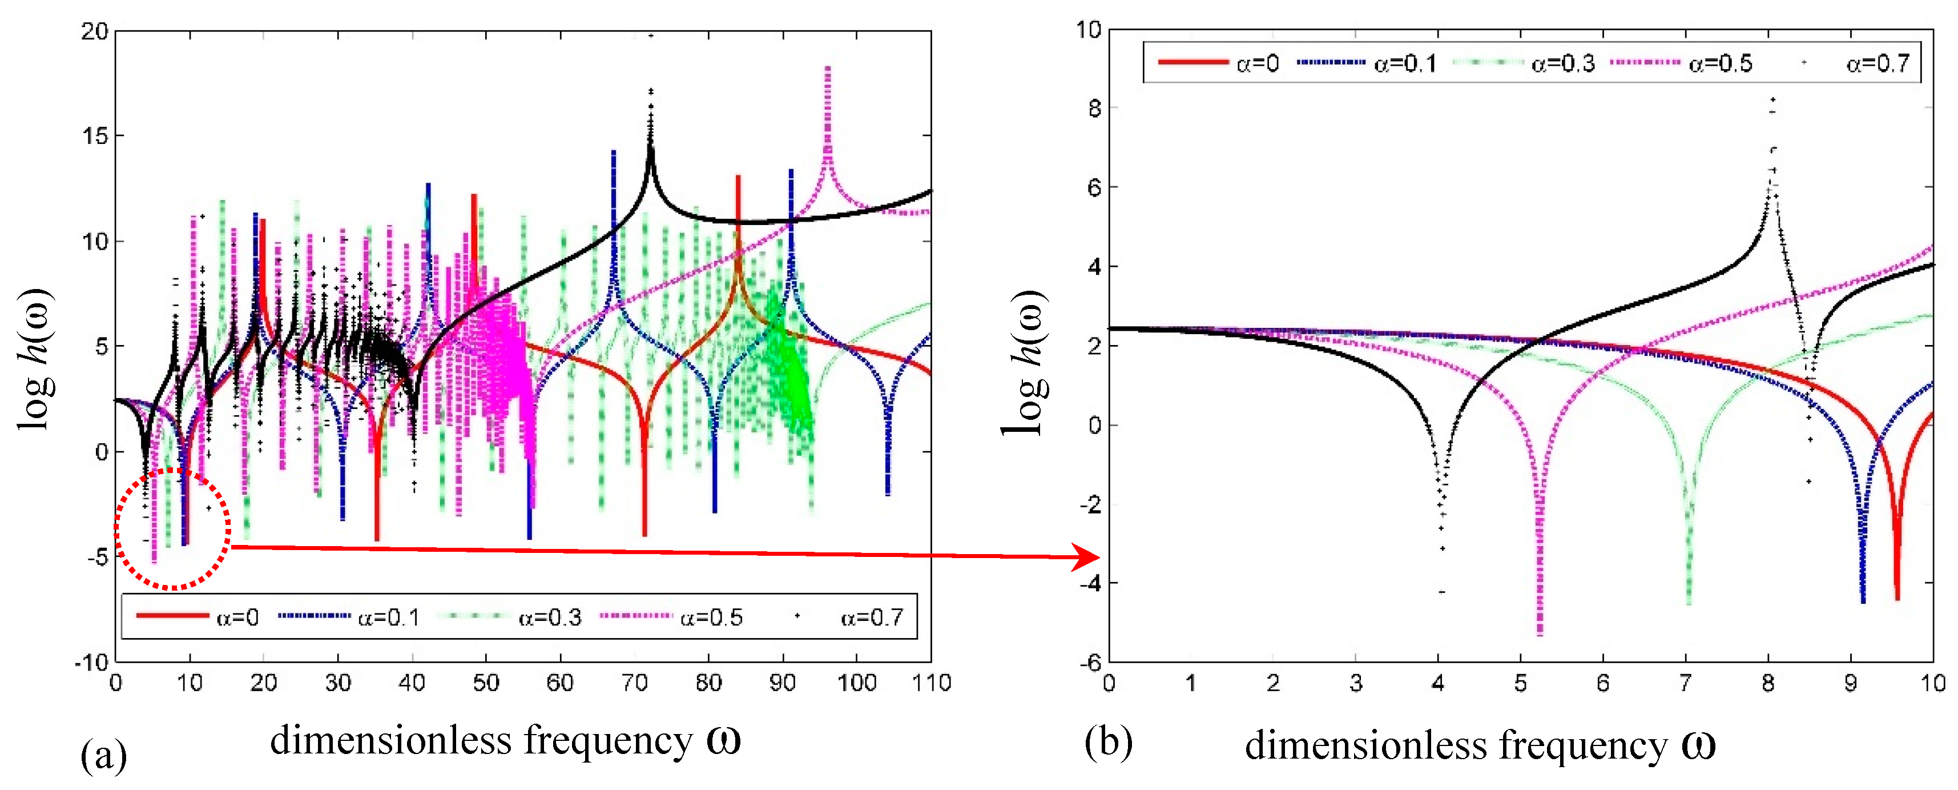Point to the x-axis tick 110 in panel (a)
[x=931, y=682]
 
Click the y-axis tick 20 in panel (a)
[x=95, y=31]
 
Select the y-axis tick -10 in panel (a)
[x=91, y=662]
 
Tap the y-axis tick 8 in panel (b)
[x=1093, y=108]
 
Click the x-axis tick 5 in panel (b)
[x=1520, y=683]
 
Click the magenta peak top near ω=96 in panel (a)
[x=827, y=69]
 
